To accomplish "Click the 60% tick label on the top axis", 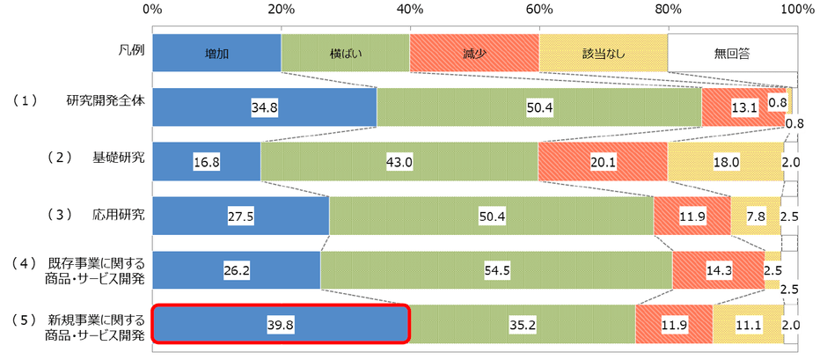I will pyautogui.click(x=538, y=9).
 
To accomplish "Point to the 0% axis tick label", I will pyautogui.click(x=151, y=9).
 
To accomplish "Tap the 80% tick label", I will pyautogui.click(x=668, y=9).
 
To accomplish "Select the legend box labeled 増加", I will pyautogui.click(x=216, y=53).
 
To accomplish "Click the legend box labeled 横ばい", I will pyautogui.click(x=345, y=53).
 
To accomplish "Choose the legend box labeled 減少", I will pyautogui.click(x=474, y=53).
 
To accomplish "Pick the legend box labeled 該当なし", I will pyautogui.click(x=604, y=53).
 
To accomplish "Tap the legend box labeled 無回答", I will pyautogui.click(x=732, y=53).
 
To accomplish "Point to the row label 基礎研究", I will pyautogui.click(x=119, y=158).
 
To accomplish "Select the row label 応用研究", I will pyautogui.click(x=119, y=214).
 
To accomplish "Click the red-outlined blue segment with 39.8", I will pyautogui.click(x=281, y=323).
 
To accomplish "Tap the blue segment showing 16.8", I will pyautogui.click(x=206, y=161).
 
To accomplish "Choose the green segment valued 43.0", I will pyautogui.click(x=399, y=161).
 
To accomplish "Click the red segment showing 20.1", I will pyautogui.click(x=602, y=161).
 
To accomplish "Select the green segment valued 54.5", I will pyautogui.click(x=496, y=269).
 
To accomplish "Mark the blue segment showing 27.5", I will pyautogui.click(x=240, y=216).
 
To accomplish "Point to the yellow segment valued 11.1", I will pyautogui.click(x=747, y=323).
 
